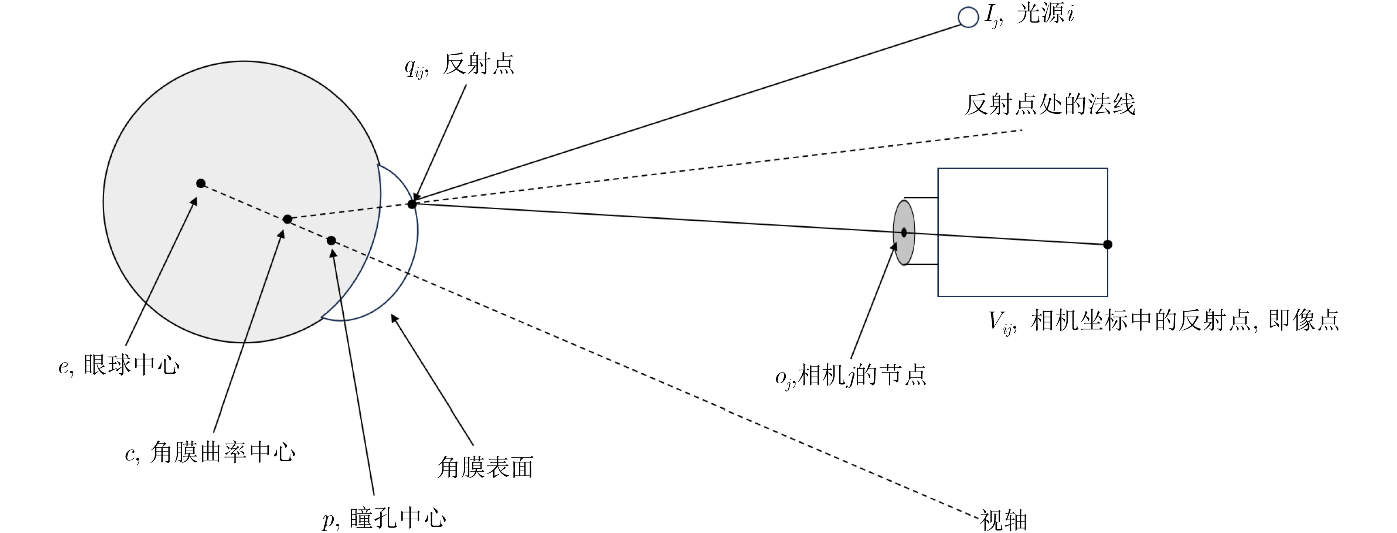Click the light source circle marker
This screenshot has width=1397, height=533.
pyautogui.click(x=968, y=17)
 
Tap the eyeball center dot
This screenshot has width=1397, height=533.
pyautogui.click(x=201, y=183)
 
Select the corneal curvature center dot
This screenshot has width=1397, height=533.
pyautogui.click(x=288, y=219)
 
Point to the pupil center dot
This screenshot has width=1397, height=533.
pyautogui.click(x=332, y=240)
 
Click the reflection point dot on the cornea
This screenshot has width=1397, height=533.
pyautogui.click(x=412, y=204)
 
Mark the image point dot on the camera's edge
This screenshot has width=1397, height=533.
pyautogui.click(x=1107, y=244)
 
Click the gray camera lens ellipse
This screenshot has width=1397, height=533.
pyautogui.click(x=904, y=232)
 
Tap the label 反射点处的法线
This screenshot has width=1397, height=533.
pyautogui.click(x=1049, y=104)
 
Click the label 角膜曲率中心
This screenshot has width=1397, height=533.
pyautogui.click(x=222, y=452)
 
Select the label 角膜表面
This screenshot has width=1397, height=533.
pyautogui.click(x=485, y=466)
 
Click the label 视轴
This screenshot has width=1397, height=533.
pyautogui.click(x=1003, y=520)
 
